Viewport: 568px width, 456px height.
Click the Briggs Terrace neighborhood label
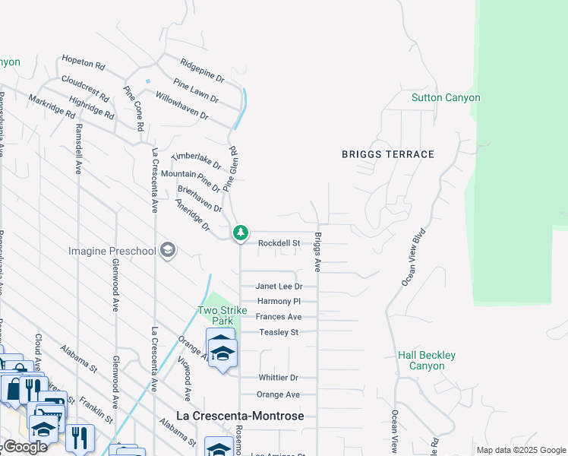(387, 154)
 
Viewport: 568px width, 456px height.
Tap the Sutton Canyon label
(446, 98)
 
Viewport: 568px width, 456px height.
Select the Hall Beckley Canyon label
(427, 360)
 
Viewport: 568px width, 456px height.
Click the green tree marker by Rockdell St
(240, 232)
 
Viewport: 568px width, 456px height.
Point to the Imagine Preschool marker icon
(168, 251)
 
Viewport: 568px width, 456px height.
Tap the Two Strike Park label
(216, 315)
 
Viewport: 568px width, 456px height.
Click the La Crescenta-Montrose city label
(240, 416)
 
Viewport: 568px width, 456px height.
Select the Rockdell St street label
(279, 243)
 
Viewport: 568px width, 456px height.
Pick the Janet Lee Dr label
(279, 287)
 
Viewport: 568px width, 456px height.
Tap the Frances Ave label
(279, 317)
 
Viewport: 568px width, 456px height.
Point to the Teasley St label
(279, 332)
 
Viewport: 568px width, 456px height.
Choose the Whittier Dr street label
(277, 378)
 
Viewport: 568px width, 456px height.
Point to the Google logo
(24, 447)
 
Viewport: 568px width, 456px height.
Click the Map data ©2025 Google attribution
(521, 450)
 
